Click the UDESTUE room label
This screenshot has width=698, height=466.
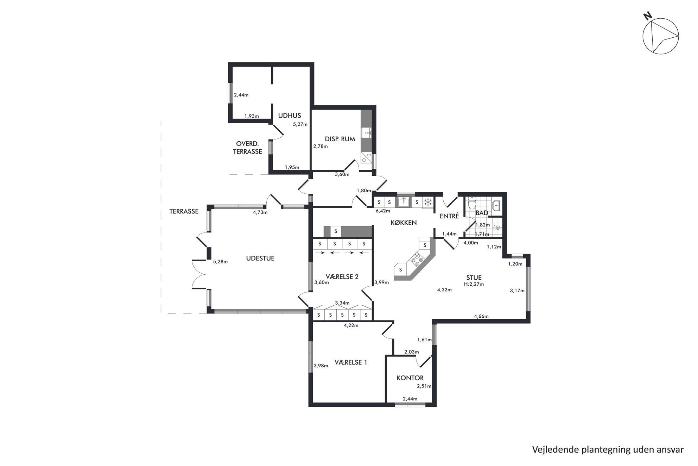(x=260, y=258)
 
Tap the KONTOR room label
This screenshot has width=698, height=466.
(x=410, y=378)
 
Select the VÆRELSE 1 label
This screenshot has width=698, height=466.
(x=351, y=362)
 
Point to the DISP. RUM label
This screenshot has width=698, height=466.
(x=340, y=139)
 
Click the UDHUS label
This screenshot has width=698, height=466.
(x=290, y=115)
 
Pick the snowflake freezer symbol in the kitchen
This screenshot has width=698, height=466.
(x=428, y=202)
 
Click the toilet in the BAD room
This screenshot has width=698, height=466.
(x=472, y=203)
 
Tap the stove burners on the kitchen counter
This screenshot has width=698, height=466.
(x=417, y=259)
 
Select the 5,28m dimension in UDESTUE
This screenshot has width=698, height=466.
(x=220, y=261)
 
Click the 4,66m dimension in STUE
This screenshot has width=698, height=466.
(x=481, y=316)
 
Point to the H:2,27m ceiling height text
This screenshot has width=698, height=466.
(x=474, y=284)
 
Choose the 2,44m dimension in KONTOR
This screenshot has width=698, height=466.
(x=410, y=399)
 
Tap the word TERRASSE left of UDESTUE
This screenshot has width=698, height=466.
(x=184, y=211)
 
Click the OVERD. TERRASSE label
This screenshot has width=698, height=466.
(x=247, y=148)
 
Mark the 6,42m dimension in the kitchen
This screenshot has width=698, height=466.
(x=383, y=211)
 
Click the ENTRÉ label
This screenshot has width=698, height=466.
(x=449, y=216)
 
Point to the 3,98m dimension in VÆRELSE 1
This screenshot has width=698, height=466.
(x=321, y=366)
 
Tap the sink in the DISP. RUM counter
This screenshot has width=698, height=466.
(x=368, y=133)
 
